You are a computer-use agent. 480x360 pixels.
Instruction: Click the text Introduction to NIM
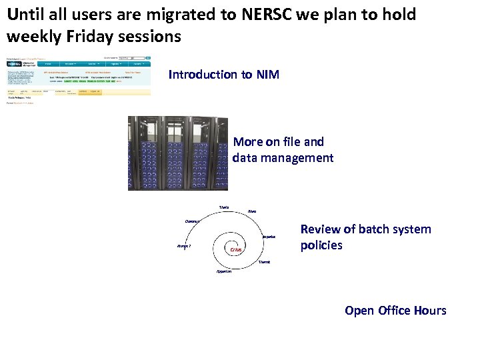224,75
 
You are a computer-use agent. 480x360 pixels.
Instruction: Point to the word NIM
268,75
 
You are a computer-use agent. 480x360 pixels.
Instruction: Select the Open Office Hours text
395,311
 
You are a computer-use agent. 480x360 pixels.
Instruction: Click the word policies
321,245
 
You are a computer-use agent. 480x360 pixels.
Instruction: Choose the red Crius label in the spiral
235,250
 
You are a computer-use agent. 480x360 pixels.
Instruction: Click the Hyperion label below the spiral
224,271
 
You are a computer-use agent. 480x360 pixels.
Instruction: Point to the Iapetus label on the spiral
269,237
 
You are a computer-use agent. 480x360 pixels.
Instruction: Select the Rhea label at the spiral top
251,211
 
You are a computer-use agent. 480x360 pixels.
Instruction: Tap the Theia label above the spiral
224,207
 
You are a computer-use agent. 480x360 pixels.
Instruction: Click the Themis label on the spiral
265,262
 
